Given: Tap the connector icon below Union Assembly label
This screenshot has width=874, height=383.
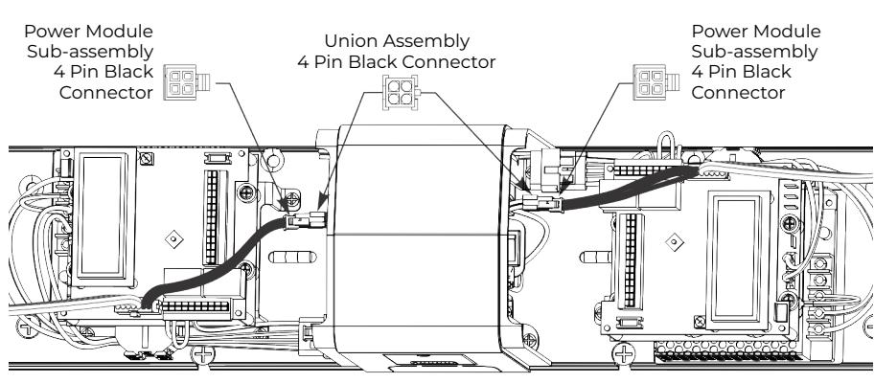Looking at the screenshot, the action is [401, 92].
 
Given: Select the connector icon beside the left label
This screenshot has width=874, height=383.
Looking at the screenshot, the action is [187, 82].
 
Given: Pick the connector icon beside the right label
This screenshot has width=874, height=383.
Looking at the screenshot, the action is [656, 82].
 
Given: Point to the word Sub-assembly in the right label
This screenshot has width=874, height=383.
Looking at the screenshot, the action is [755, 51].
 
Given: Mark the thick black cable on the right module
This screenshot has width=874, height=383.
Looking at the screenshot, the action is [630, 190].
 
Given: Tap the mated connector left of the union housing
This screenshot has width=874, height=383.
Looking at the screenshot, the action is [305, 220].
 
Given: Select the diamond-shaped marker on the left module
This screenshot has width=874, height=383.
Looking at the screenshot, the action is [174, 238].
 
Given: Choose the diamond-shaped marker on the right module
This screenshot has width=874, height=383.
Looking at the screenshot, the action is [675, 241].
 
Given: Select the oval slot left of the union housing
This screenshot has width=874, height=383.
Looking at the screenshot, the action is [292, 258].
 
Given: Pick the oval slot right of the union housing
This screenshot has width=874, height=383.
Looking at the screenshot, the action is [596, 258].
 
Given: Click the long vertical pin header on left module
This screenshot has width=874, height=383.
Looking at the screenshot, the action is [211, 217].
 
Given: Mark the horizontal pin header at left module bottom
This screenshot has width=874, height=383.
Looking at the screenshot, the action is [195, 306].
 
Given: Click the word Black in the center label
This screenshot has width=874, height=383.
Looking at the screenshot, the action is [377, 62].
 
